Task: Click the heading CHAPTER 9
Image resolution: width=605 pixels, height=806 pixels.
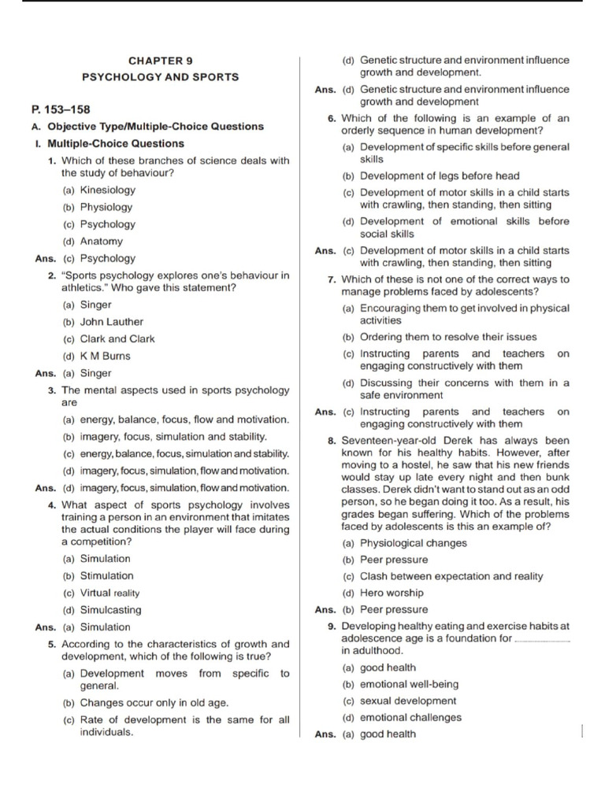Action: tap(161, 61)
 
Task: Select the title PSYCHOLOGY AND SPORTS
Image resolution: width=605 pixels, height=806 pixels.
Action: tap(161, 77)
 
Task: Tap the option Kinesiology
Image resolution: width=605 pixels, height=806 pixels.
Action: tap(107, 190)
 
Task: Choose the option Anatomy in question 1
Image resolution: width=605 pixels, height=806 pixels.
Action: tap(102, 242)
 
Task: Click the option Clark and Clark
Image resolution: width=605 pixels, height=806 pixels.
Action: tap(117, 339)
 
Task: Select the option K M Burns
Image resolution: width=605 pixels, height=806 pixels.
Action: tap(106, 356)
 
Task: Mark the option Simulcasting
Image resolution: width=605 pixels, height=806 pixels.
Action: tap(110, 610)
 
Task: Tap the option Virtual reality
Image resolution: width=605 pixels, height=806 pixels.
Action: tap(109, 593)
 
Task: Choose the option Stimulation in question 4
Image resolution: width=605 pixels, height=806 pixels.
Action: tap(106, 575)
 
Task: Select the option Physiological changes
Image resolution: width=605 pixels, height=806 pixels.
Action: tap(413, 543)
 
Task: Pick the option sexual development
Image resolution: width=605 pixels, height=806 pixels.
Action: tap(408, 701)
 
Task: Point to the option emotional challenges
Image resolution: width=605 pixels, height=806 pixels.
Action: tap(410, 717)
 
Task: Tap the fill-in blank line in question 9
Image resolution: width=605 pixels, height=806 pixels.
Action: tap(542, 640)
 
